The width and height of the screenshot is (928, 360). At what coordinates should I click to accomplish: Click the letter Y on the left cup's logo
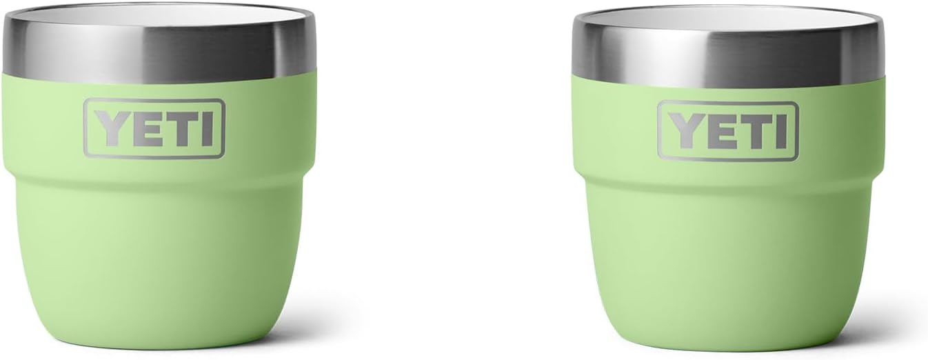point(113,128)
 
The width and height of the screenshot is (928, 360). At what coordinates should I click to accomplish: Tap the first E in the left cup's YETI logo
point(147,129)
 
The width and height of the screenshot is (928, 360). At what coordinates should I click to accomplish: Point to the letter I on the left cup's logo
point(207,129)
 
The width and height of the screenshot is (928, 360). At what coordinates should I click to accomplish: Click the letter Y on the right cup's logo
point(687,132)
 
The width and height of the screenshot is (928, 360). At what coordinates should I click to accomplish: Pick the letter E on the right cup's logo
point(720,132)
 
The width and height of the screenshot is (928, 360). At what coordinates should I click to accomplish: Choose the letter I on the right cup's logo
point(780,132)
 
